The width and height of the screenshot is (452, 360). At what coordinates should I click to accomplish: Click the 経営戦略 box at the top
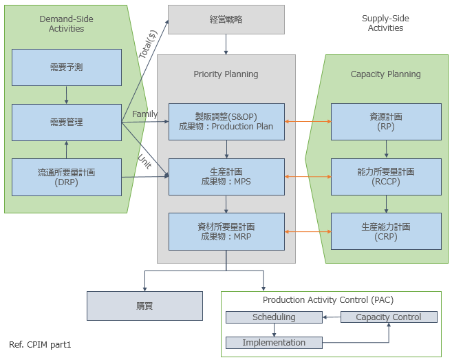[226, 19]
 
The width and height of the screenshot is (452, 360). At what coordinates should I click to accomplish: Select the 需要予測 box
[67, 67]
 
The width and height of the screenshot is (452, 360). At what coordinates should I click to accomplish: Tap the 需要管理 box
[67, 123]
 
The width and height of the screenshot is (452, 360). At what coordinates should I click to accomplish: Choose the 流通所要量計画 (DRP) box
[67, 177]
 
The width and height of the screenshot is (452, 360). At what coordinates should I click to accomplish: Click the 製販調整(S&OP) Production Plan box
[226, 121]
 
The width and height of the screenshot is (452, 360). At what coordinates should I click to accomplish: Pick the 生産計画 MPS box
[226, 176]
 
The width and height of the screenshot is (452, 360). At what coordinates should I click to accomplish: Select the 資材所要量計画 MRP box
[226, 231]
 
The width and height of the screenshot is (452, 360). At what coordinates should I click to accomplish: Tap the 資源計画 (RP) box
[386, 121]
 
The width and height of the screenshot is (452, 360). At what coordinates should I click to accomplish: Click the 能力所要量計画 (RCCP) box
[386, 176]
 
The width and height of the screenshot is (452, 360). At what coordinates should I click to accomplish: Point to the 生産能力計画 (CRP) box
[386, 231]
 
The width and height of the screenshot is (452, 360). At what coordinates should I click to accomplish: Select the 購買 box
[144, 306]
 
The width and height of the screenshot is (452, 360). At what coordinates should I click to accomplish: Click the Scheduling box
[274, 317]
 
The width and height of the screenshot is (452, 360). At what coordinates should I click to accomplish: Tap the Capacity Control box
[389, 317]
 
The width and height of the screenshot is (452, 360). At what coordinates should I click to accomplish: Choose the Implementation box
[274, 342]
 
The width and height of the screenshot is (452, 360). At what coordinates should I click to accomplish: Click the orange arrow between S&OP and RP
[308, 122]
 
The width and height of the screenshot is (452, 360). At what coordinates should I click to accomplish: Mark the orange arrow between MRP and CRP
[308, 232]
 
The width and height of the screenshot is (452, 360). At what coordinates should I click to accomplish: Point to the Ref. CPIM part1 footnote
[40, 344]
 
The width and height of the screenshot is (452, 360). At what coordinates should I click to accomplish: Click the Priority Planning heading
[226, 74]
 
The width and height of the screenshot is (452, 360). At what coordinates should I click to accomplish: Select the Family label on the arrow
[144, 114]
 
